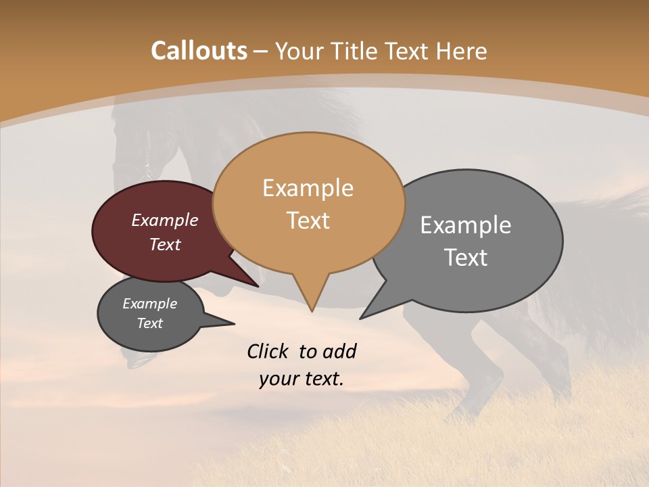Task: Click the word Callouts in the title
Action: point(199,51)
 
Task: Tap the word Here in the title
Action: point(462,51)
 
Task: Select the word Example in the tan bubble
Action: point(308,188)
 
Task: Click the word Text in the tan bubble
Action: point(308,221)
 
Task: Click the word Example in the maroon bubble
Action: point(165,221)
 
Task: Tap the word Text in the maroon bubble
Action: point(165,244)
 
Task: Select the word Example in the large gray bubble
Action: point(466,225)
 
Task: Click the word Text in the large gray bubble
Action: point(466,258)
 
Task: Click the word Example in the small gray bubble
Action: point(149,304)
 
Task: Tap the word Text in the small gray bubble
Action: point(149,323)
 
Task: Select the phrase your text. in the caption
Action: point(301,379)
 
